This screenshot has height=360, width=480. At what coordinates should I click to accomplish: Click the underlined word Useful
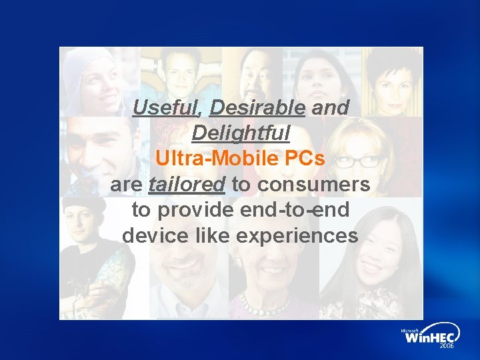click(169, 108)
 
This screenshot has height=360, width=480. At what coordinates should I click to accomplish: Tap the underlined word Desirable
click(257, 108)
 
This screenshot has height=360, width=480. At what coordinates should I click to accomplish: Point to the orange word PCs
click(304, 159)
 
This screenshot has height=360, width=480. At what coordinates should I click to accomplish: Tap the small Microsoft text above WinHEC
click(409, 330)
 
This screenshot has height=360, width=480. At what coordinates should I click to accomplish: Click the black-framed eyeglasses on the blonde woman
click(360, 161)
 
